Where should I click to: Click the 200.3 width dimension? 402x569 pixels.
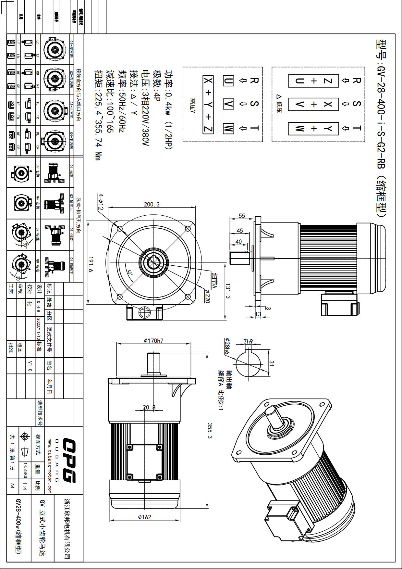click(x=152, y=204)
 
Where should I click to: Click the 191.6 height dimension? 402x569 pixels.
click(x=91, y=265)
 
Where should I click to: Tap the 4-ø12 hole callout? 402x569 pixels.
click(x=101, y=202)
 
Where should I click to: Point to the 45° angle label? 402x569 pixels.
click(x=130, y=273)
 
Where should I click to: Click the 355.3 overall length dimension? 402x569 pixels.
click(x=210, y=431)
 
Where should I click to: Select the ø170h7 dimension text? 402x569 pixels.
click(x=153, y=341)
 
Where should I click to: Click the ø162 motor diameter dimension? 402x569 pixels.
click(x=144, y=517)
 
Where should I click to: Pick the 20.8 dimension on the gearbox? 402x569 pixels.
click(x=149, y=407)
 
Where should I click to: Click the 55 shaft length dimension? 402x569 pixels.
click(x=242, y=216)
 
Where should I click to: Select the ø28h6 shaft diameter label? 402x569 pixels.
click(x=227, y=347)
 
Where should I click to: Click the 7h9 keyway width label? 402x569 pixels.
click(x=248, y=341)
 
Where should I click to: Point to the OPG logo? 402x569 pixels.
click(x=69, y=460)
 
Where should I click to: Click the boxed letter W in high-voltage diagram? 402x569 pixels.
click(x=228, y=128)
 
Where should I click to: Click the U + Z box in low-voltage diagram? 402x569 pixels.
click(x=313, y=81)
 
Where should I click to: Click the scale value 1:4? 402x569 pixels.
click(x=25, y=486)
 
